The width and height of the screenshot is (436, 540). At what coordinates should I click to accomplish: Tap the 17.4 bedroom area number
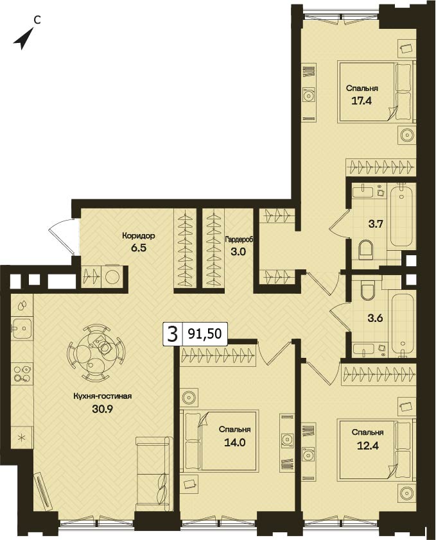click(362, 101)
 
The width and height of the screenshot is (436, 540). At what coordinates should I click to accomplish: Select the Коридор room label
click(138, 236)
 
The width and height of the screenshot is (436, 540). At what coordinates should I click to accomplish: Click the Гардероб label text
click(239, 240)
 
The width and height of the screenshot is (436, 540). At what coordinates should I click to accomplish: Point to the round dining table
click(95, 352)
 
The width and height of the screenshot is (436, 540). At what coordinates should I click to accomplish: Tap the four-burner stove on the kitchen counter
click(21, 374)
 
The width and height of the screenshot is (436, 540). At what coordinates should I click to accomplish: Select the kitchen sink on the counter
click(22, 328)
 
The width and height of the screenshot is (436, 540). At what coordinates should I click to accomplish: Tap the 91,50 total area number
click(205, 333)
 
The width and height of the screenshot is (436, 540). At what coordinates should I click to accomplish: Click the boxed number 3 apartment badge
click(172, 334)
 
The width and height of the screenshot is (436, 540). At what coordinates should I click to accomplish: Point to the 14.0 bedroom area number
click(234, 442)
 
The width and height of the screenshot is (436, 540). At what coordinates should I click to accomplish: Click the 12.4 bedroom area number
click(367, 446)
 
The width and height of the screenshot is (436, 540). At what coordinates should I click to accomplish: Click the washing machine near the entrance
click(112, 276)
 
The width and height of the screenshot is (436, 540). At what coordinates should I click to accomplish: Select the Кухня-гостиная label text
click(103, 396)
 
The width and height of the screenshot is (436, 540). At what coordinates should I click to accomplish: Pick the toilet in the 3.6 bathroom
click(367, 290)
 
